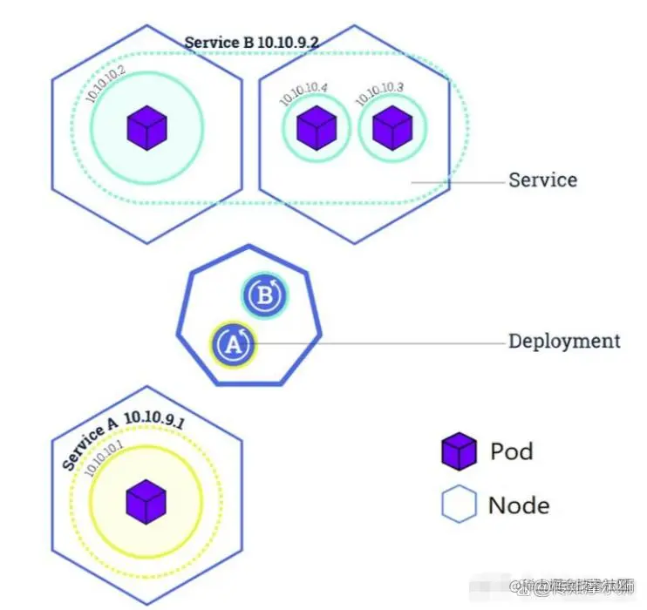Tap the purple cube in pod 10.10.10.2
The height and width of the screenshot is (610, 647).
pos(146,127)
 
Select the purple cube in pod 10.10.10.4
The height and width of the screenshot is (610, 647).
pos(316,128)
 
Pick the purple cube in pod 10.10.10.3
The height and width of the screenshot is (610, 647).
pos(392,127)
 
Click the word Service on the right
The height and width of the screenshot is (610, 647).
pos(542,180)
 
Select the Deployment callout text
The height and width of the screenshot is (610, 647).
pos(564,341)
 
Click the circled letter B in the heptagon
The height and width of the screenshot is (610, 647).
pos(264,296)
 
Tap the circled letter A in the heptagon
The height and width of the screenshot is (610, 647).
pos(234,345)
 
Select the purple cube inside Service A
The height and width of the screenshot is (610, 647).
pos(146,502)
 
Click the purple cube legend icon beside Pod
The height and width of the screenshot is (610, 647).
pos(459,451)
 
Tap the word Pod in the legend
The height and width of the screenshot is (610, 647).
pos(511,451)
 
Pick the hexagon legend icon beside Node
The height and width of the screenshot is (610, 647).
pos(459,505)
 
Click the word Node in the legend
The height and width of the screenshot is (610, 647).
pos(518,505)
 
